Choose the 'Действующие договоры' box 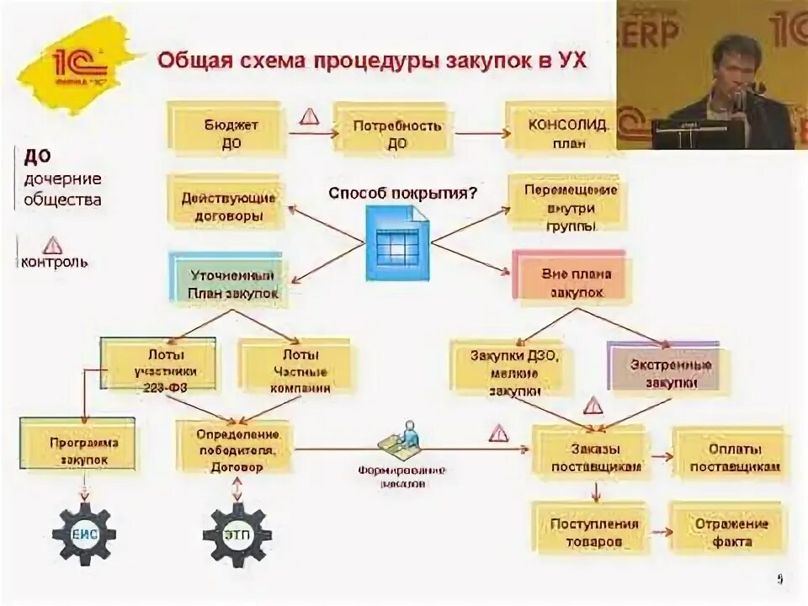(227, 205)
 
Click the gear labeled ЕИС (83, 533)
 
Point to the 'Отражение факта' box (726, 530)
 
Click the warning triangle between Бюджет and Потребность (310, 115)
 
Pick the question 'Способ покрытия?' (402, 193)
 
